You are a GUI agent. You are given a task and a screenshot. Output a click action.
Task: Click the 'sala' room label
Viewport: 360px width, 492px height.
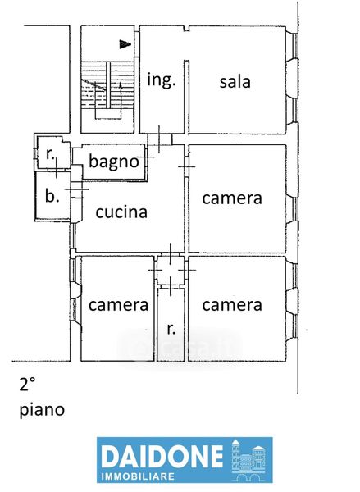coord(235,82)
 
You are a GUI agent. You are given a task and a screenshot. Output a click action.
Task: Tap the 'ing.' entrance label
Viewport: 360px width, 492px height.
coord(162,80)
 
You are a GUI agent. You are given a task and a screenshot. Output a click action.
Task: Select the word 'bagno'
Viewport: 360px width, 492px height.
coord(114,162)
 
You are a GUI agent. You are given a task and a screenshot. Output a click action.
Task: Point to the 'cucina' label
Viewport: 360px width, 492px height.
coord(121,212)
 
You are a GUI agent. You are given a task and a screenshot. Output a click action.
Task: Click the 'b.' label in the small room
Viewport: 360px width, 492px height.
coord(52,196)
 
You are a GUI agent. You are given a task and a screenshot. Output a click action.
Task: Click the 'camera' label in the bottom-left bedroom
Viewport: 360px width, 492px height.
coord(118,305)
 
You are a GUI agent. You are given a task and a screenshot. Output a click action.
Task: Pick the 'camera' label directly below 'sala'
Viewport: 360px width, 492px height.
coord(232,198)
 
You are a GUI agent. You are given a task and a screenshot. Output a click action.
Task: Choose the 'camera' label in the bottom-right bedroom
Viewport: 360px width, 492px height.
coord(232,305)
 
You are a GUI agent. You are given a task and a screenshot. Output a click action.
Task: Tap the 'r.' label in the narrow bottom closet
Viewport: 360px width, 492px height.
coord(171,329)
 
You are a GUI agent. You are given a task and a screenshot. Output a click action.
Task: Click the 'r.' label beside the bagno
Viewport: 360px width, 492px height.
coord(50,154)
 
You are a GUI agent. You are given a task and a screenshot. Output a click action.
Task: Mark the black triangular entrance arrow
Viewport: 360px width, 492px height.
coord(125,44)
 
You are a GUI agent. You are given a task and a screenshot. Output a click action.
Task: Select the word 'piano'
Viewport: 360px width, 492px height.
coord(42,410)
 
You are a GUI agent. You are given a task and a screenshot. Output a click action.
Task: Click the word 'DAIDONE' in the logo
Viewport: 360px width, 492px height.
coord(162,457)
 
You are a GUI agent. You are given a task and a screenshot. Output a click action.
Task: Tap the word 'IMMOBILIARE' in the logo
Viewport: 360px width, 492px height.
coord(138,476)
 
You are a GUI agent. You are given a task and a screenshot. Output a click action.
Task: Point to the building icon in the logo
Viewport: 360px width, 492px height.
coord(248,460)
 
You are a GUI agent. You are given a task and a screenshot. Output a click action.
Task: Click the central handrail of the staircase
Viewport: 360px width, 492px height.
coord(108,84)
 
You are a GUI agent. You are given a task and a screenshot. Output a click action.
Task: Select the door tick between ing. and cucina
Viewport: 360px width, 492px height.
coord(159,139)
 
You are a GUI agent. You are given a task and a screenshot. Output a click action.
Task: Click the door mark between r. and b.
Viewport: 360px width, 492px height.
coord(57,168)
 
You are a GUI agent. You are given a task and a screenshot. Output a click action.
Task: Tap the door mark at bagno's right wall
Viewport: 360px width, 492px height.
coord(146,157)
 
